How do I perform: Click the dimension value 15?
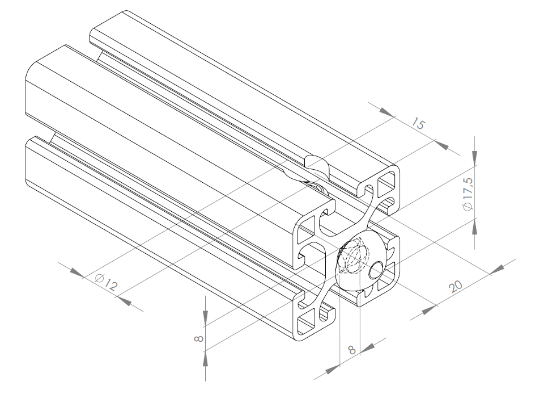(x=418, y=124)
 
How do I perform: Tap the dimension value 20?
(x=456, y=287)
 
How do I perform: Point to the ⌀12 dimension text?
(x=105, y=282)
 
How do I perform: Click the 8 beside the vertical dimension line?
(x=198, y=338)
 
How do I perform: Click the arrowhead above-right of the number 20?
(x=498, y=269)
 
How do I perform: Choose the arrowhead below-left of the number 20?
(x=430, y=309)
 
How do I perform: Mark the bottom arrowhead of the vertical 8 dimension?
(x=205, y=358)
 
